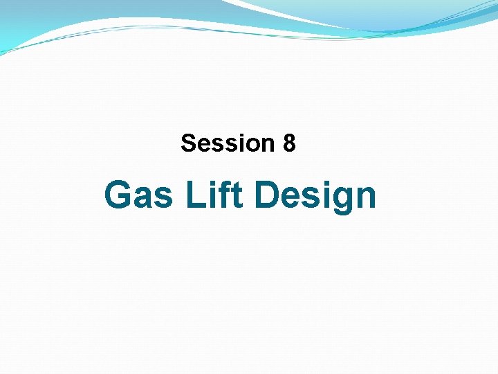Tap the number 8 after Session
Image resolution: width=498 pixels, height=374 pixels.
pyautogui.click(x=289, y=143)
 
